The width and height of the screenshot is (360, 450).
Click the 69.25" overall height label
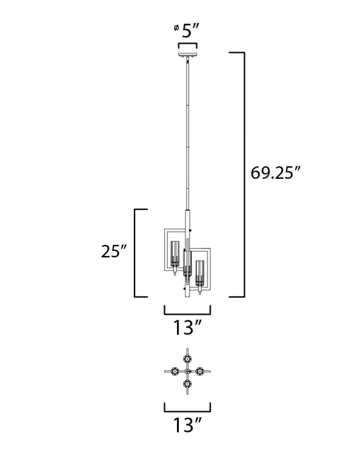(x=275, y=174)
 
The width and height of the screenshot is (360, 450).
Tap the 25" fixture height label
(x=113, y=251)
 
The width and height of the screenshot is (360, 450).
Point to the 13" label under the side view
(x=187, y=328)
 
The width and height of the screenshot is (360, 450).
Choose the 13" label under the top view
(x=187, y=426)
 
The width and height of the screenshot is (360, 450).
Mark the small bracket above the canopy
(x=187, y=45)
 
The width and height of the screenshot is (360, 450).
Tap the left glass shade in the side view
(x=175, y=254)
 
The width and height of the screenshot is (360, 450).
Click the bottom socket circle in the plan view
(x=188, y=383)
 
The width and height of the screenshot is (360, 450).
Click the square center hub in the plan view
(x=188, y=372)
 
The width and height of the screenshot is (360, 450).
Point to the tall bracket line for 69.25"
(x=244, y=174)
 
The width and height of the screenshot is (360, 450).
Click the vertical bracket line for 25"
(x=134, y=252)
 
